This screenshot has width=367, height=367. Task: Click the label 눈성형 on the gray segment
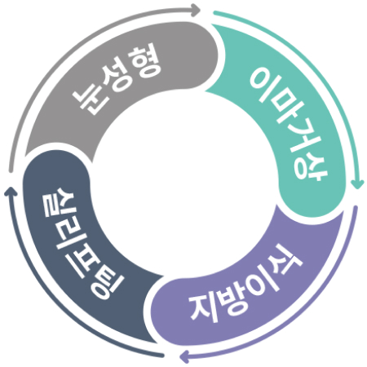[117, 79]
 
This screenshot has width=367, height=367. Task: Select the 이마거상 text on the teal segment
[289, 125]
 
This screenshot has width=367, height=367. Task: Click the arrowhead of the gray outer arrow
[196, 10]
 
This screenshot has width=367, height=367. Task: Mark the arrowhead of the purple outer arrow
[185, 356]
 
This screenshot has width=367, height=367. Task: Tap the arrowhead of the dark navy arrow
[11, 191]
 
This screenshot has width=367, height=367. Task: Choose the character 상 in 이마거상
[311, 166]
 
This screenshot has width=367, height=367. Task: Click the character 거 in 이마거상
[298, 139]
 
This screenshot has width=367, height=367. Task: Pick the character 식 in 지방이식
[285, 260]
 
